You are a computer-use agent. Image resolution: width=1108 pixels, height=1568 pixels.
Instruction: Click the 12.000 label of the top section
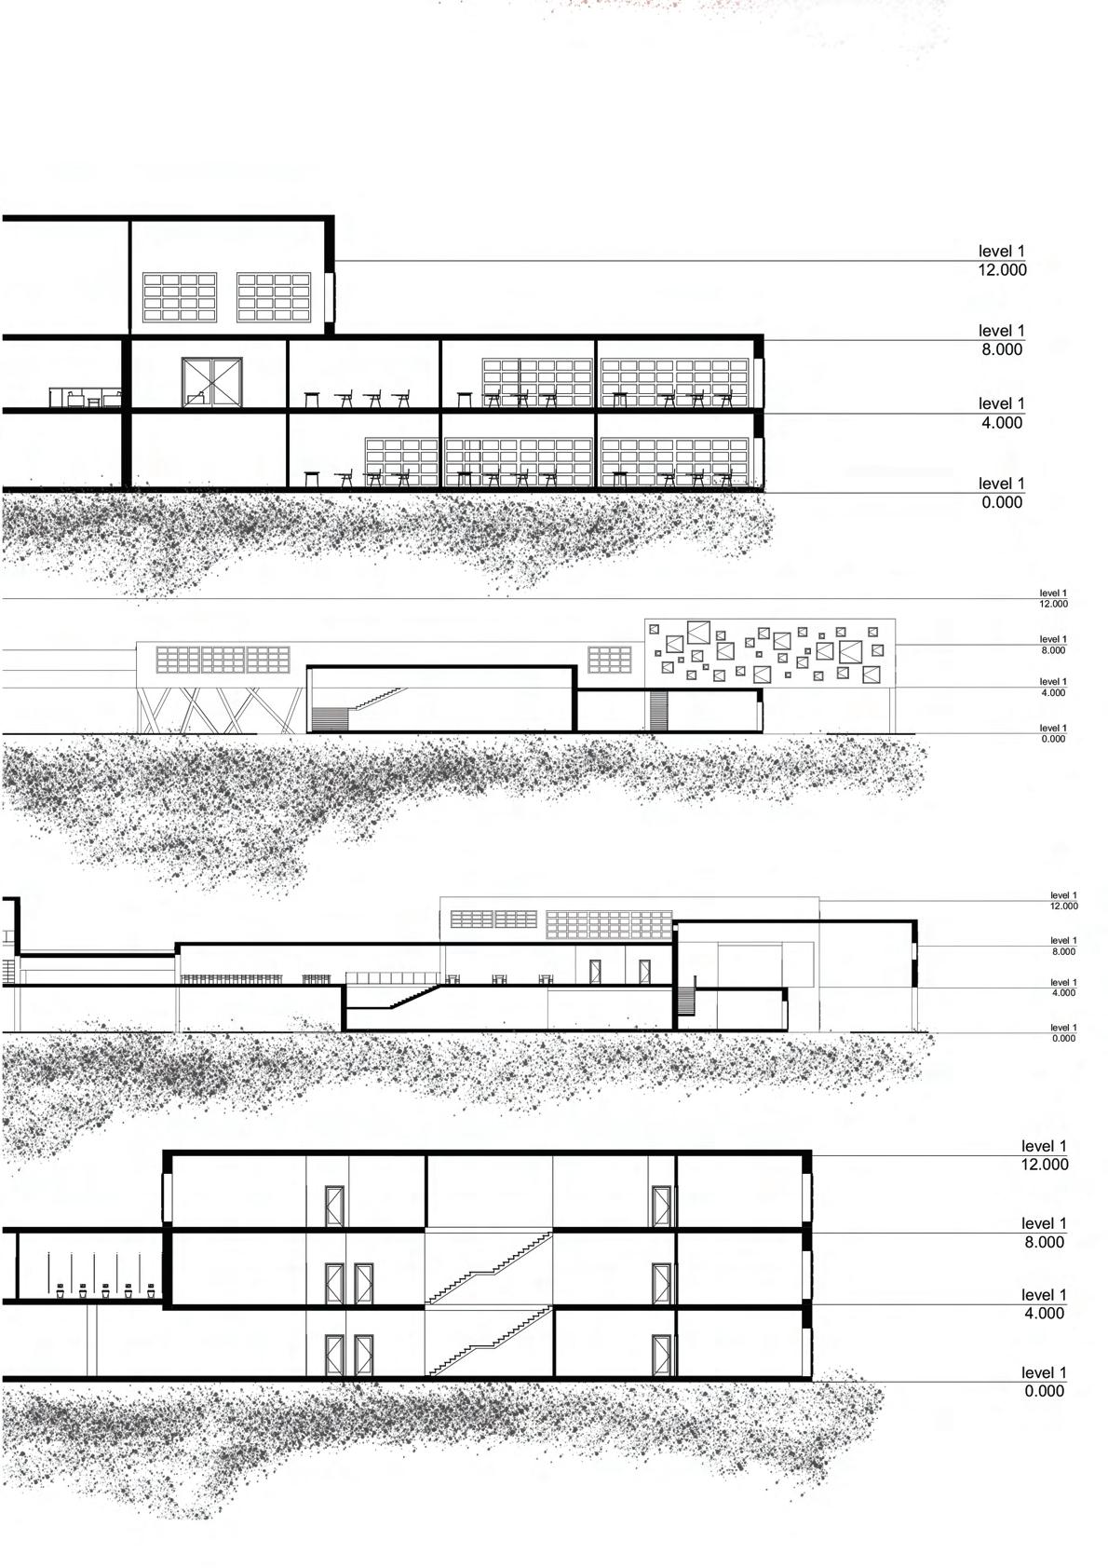tap(1002, 269)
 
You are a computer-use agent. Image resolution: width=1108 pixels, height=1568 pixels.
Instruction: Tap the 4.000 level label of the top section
tap(1002, 422)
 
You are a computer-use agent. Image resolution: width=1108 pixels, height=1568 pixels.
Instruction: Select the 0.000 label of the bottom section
tap(1044, 1391)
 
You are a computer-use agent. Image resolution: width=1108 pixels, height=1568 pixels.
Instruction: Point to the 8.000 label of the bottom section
tap(1044, 1242)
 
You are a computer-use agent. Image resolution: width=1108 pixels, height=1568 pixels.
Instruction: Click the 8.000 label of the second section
tap(1053, 650)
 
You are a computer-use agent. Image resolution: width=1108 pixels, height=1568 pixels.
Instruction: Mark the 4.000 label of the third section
tap(1063, 992)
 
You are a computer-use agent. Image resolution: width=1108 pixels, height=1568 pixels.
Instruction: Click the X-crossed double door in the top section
tap(212, 383)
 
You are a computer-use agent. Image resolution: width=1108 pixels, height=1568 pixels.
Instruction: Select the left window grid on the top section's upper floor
tap(180, 297)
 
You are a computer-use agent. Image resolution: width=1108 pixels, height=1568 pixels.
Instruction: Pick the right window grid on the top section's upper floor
tap(274, 297)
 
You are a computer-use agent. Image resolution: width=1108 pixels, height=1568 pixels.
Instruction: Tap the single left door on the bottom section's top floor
tap(334, 1207)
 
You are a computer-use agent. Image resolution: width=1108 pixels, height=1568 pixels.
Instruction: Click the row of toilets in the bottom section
tap(93, 1291)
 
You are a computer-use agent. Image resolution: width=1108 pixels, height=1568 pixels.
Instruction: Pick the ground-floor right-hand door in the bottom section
tap(662, 1356)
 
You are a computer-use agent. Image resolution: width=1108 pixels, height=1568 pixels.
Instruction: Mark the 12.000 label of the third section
tap(1063, 906)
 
